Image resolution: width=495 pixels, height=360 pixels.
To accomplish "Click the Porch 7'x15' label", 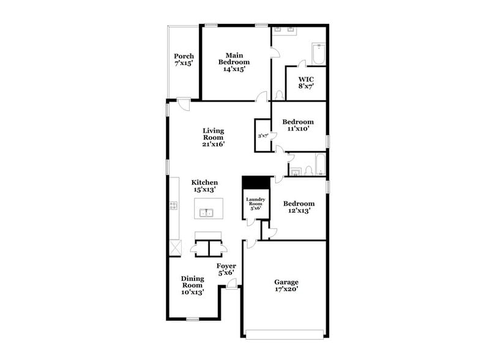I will (184, 59).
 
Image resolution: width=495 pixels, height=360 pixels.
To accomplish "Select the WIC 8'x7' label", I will (306, 83).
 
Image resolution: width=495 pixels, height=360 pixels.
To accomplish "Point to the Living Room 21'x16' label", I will (214, 138).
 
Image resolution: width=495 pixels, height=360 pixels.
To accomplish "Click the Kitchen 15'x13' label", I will (204, 186).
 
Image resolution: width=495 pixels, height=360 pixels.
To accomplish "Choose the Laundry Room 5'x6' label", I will (255, 204).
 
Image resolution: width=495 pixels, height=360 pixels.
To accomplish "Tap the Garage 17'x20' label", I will (286, 285).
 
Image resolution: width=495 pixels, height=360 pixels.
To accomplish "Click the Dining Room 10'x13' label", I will (192, 285).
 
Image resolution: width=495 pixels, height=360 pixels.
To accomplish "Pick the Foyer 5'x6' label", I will (226, 269).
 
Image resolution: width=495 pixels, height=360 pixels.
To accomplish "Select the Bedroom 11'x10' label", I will (298, 125).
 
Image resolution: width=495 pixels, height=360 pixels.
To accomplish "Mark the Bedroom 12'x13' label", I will (299, 207).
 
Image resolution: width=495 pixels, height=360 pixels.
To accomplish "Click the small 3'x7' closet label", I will (263, 136).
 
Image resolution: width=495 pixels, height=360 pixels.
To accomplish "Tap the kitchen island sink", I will (207, 212).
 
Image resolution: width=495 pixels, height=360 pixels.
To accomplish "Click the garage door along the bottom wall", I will (283, 334).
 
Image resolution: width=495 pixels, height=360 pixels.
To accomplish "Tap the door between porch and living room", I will (183, 103).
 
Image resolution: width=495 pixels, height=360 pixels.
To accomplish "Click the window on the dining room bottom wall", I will (193, 318).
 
